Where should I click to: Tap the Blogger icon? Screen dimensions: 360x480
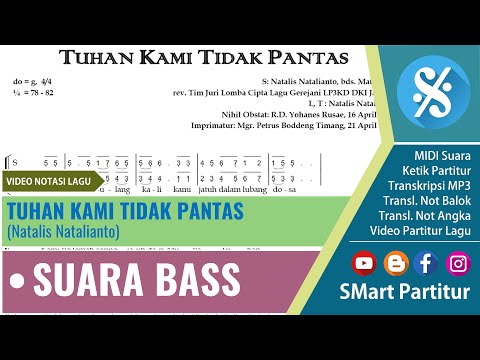pos(397,264)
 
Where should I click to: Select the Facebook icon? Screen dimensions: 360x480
pos(427,264)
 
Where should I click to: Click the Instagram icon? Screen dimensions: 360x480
pos(458,264)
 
